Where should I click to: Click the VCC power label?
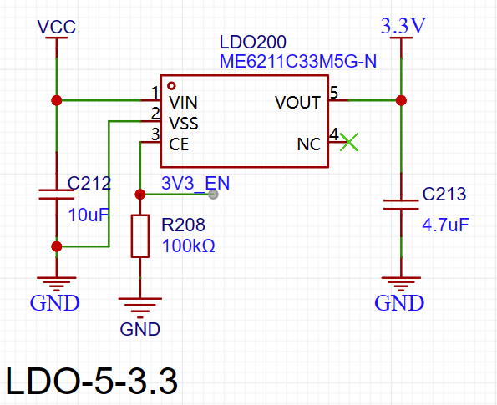point(57,28)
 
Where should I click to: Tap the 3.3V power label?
point(403,26)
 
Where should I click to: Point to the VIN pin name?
point(184,103)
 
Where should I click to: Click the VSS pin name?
point(185,123)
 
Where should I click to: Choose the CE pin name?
point(179,144)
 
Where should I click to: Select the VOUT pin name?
point(297,103)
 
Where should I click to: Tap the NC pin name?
point(308,144)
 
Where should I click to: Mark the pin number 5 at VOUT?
point(333,93)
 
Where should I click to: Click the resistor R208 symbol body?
point(140,235)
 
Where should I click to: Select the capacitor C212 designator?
point(89,182)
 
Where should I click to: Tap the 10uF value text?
point(89,214)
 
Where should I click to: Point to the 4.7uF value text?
point(445,225)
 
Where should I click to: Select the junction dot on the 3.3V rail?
point(401,100)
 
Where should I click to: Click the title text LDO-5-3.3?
point(92,381)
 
